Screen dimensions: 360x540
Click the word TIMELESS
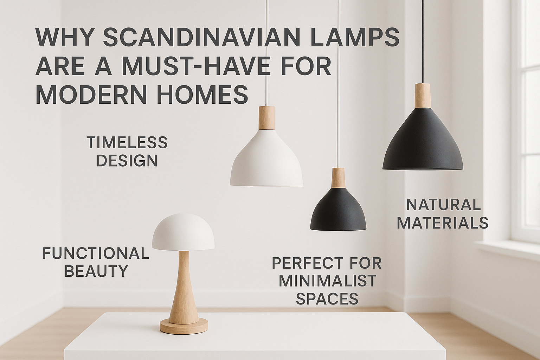(x=127, y=143)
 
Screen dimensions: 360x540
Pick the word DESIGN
(x=127, y=161)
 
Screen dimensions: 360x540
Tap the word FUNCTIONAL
(x=96, y=253)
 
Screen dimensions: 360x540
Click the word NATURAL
(x=443, y=205)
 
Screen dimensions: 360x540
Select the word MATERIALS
(x=443, y=223)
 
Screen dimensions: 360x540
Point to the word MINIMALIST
(x=327, y=281)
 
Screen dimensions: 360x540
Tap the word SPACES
(x=327, y=299)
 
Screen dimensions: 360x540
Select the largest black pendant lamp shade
(x=423, y=141)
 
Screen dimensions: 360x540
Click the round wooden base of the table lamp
(x=184, y=326)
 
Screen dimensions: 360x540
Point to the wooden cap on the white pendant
(x=266, y=118)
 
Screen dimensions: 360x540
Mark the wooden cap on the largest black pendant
(x=422, y=95)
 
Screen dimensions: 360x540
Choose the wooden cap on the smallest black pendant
(x=338, y=178)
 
